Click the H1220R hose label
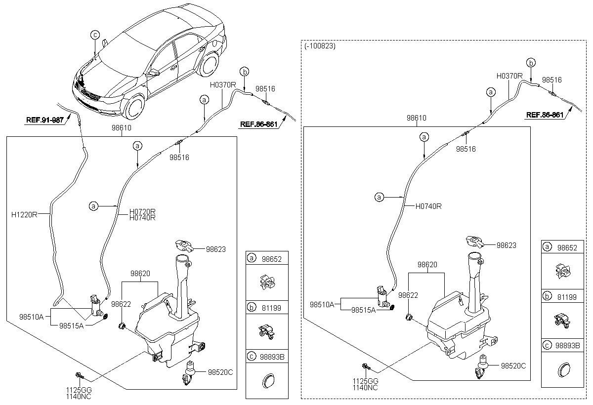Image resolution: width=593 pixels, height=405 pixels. (24, 214)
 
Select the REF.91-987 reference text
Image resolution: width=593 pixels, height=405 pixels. (45, 120)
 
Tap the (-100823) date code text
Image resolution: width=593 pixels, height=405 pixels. (320, 46)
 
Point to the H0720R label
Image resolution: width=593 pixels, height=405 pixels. (142, 211)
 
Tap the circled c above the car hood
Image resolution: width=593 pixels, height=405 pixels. (95, 34)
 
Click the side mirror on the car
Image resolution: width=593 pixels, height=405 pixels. (154, 74)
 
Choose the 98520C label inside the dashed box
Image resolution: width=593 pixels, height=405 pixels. (513, 366)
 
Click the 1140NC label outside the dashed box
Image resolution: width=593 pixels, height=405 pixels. (79, 396)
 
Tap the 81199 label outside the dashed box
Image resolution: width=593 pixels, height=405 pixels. (271, 308)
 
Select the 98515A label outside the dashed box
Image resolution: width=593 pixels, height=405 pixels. (71, 326)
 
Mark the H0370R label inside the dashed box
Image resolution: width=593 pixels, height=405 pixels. (509, 76)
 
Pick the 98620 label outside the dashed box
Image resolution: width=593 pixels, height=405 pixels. (140, 273)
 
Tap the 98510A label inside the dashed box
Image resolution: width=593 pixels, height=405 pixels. (322, 303)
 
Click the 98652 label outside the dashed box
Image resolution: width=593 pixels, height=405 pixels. (271, 258)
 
